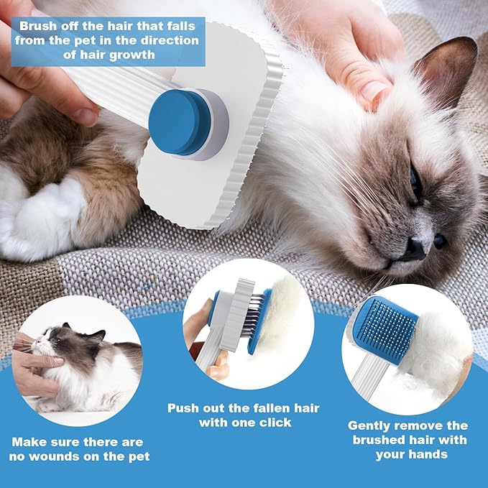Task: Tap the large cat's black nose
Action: (415, 249)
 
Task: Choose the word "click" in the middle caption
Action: (274, 423)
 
